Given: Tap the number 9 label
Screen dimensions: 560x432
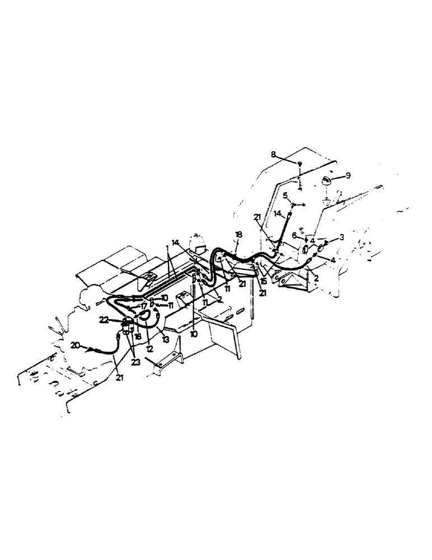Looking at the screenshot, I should click(x=348, y=175).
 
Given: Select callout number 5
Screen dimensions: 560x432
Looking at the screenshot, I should click(x=285, y=195).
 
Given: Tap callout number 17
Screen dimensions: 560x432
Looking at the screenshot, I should click(x=144, y=307).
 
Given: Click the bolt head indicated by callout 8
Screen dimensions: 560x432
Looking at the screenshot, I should click(x=300, y=163).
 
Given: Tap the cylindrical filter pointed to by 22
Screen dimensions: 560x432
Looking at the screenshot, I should click(x=128, y=325).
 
